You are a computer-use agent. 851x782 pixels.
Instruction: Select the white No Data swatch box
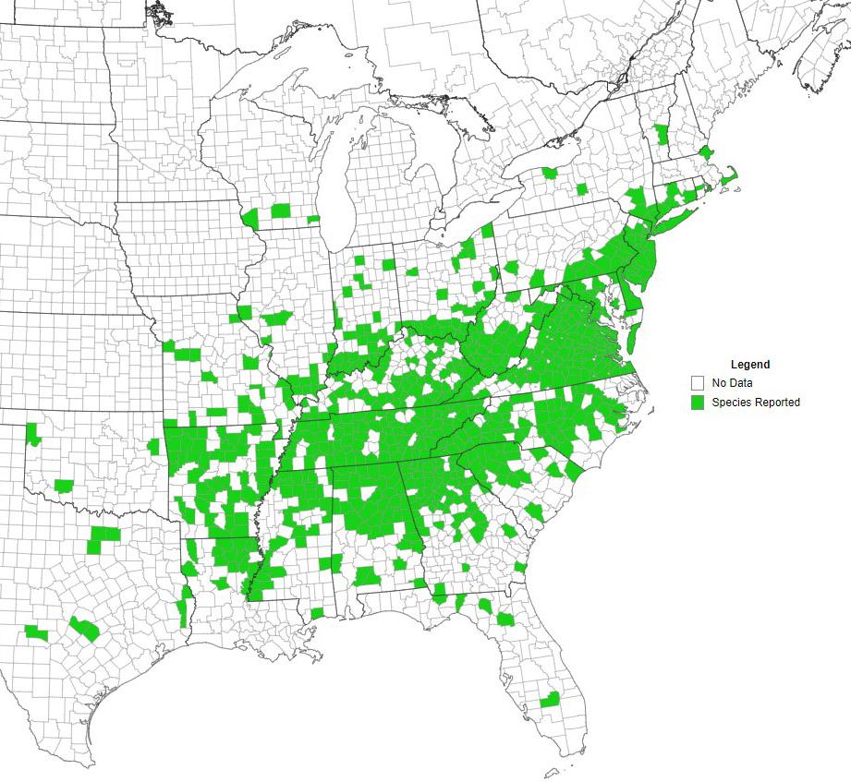[698, 382]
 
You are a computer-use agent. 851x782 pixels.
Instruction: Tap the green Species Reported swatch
[698, 403]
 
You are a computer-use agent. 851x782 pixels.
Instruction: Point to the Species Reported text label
[755, 403]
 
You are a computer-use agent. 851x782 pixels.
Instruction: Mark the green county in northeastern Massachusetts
[706, 151]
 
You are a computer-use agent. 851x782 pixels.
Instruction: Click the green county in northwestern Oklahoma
[33, 433]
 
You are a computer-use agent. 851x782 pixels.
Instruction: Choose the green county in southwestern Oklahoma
[64, 485]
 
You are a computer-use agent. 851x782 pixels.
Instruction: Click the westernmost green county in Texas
[36, 632]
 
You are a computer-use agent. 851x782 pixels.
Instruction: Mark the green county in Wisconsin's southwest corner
[249, 218]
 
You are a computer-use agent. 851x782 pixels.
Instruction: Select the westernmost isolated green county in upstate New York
[551, 173]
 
